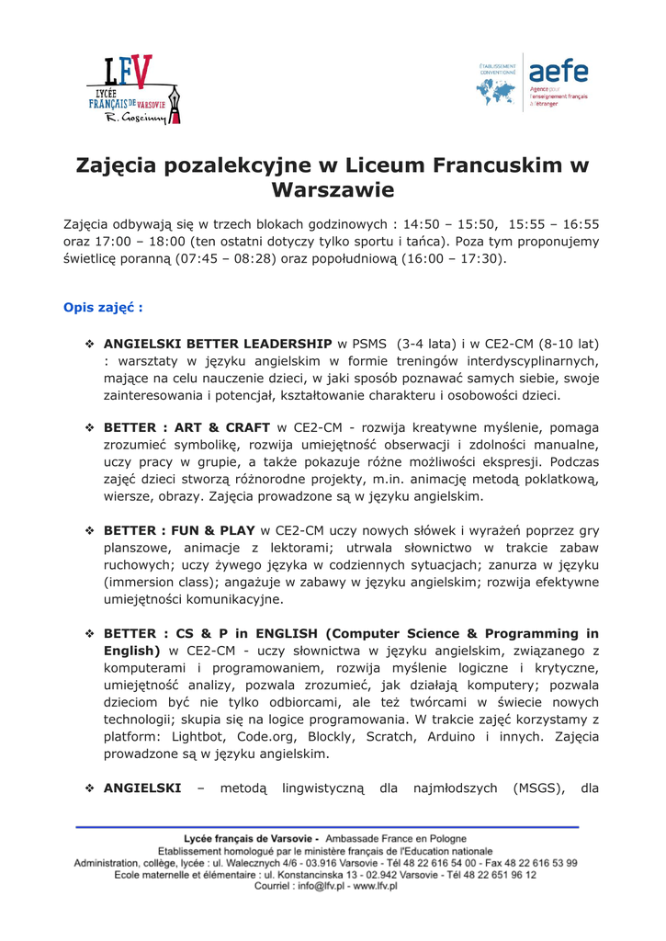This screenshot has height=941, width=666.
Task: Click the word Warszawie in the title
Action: (333, 191)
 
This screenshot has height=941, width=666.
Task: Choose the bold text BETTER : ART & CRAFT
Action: (186, 427)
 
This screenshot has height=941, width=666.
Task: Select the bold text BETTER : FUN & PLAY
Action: (180, 530)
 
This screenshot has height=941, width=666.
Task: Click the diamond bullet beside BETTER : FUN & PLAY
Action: (90, 531)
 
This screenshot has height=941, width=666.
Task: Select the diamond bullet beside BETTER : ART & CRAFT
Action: (90, 428)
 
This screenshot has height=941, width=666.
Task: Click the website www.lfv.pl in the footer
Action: (375, 887)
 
